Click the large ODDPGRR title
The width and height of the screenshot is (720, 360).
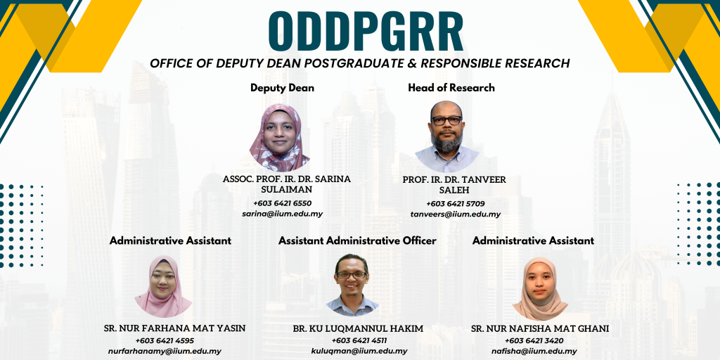pos(366,31)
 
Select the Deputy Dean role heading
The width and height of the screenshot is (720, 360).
pos(283,88)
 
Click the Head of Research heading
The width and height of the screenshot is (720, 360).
pos(451,88)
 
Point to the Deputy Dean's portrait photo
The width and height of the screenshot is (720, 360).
pos(280,138)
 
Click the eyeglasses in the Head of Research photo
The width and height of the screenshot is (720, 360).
pos(446,120)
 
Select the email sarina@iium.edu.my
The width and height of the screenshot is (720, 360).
pos(283,214)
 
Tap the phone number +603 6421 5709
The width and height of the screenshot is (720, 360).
pos(456,204)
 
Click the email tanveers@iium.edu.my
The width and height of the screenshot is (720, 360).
pos(456,214)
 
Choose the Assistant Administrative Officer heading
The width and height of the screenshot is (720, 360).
pos(357,240)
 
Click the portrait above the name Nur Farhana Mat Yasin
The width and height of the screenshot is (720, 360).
pos(163,286)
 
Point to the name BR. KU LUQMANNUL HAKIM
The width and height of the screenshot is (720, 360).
pos(358,329)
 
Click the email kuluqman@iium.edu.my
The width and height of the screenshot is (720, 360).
pos(359,352)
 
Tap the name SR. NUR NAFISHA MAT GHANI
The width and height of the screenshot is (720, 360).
pos(540,329)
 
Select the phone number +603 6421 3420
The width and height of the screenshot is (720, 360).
pos(534,341)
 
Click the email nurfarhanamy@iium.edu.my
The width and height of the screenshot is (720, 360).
pos(165,352)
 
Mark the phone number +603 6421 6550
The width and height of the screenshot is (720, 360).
pos(283,203)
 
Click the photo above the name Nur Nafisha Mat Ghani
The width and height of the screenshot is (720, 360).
pos(540,288)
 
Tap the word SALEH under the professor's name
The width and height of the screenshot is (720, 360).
pos(455,190)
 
